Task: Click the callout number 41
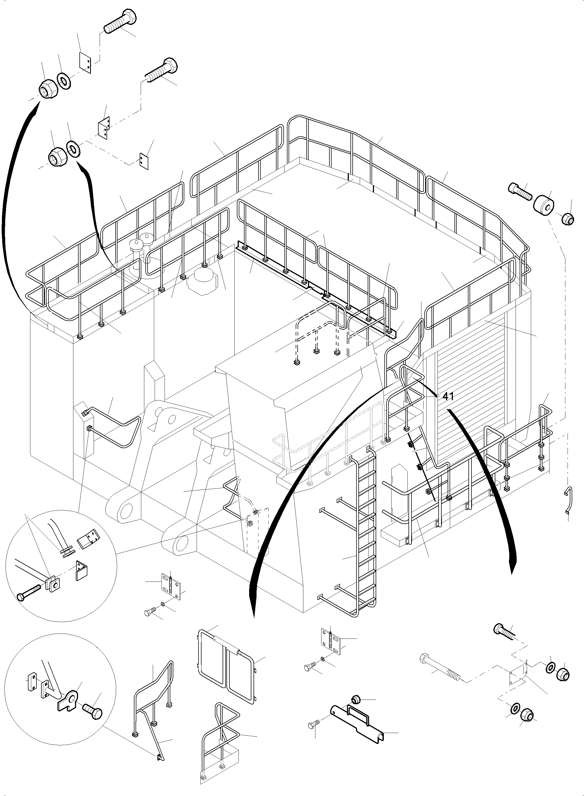448,396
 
